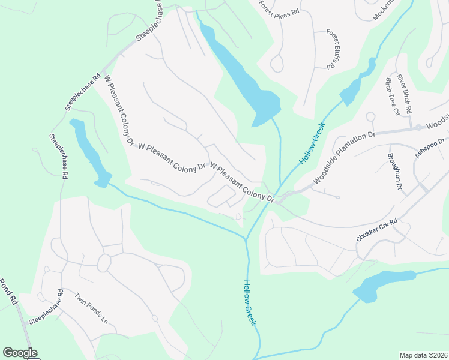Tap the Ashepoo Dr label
point(431,147)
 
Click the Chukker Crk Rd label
point(377,230)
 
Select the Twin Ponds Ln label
point(91,308)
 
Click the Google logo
point(20,353)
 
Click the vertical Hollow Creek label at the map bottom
point(250,303)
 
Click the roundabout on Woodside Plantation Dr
point(418,128)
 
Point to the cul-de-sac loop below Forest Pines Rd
point(277,63)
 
